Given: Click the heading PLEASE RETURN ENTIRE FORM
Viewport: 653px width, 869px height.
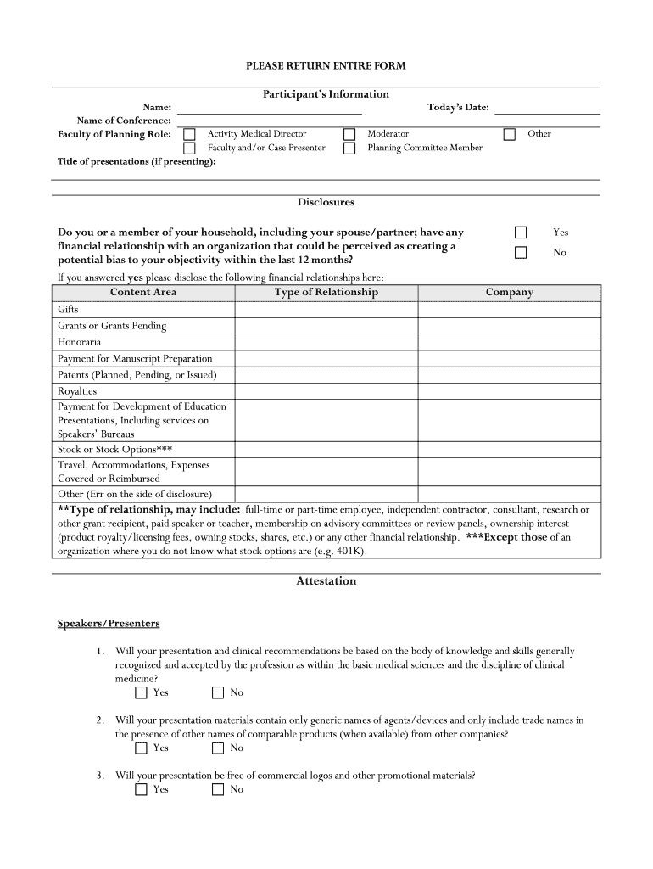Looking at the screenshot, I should click(x=326, y=65).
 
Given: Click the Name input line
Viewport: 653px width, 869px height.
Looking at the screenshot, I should click(x=269, y=109).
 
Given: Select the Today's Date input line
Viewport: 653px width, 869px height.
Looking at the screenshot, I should click(x=547, y=109).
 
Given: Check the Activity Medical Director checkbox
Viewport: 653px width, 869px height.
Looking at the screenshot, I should click(x=190, y=134).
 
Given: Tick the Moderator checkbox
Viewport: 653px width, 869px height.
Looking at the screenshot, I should click(x=349, y=134).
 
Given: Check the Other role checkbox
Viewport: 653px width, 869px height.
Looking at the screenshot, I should click(x=510, y=134).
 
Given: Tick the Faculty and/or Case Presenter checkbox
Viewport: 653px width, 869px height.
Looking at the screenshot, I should click(x=190, y=149).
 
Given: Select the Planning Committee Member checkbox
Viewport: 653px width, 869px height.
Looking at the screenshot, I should click(x=349, y=149).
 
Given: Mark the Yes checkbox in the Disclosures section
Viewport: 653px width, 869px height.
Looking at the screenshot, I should click(x=521, y=233).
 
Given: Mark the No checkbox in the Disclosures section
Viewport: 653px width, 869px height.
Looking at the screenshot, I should click(x=521, y=252).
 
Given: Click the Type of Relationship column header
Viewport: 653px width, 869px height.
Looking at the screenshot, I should click(x=326, y=293).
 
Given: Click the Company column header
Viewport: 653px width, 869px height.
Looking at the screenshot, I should click(x=509, y=293).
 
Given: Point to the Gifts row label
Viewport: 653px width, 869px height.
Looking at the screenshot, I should click(x=68, y=310).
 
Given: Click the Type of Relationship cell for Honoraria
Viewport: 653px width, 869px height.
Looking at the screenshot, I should click(x=326, y=342).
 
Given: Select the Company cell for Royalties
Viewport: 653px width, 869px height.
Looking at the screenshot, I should click(x=509, y=391).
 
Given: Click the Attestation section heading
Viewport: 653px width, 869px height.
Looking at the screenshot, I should click(x=326, y=581).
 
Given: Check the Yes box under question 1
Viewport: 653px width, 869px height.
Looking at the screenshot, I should click(x=141, y=692).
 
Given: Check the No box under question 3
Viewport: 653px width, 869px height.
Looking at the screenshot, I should click(x=218, y=789).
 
